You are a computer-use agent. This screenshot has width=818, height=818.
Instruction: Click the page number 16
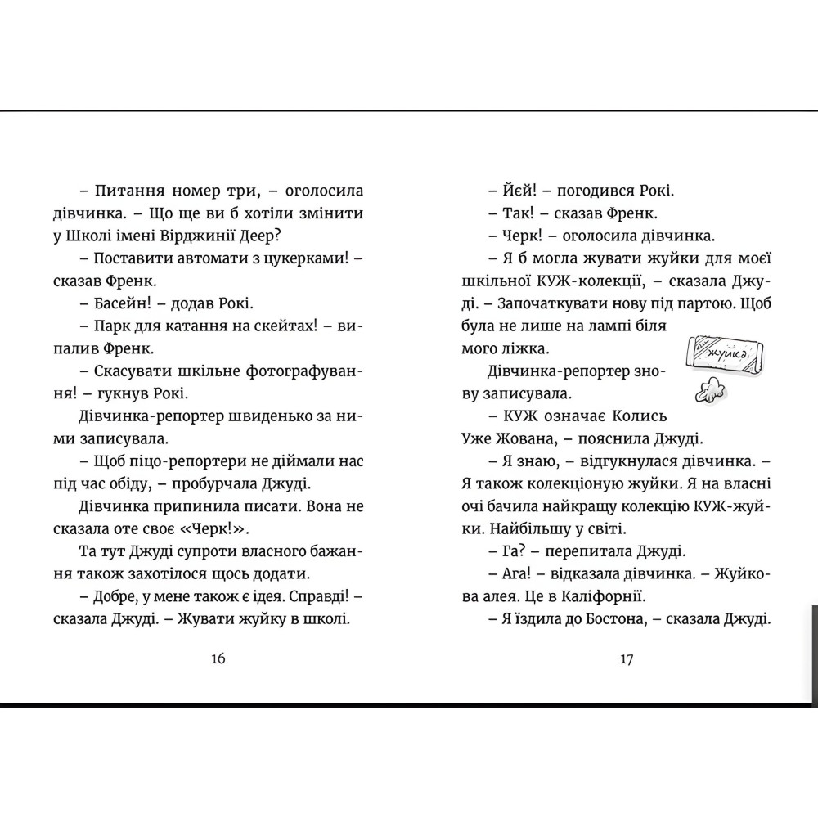tap(217, 660)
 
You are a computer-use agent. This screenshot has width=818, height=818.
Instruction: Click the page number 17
tap(626, 660)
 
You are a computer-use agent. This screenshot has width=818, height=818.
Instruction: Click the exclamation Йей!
tap(518, 191)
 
